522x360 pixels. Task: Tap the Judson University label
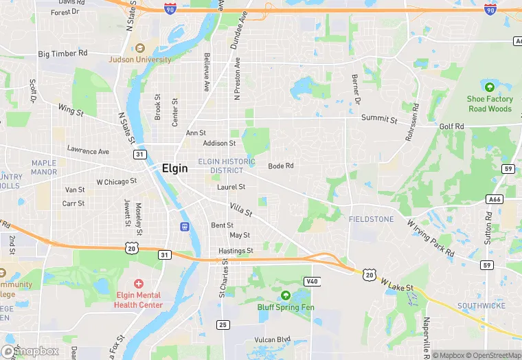[x=140, y=60]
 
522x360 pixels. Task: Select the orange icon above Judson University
[x=140, y=48]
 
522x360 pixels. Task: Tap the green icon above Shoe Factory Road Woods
[x=490, y=87]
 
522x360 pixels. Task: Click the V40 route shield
[x=312, y=282]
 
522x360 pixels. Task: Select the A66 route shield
[x=493, y=199]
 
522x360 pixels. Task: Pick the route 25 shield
[x=223, y=324]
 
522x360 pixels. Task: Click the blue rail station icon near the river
[x=184, y=227]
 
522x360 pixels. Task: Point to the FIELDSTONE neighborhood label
[x=372, y=219]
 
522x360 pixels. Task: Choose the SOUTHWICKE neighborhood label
[x=481, y=305]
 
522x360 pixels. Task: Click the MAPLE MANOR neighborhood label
[x=44, y=167]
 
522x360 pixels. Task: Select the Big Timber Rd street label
[x=63, y=53]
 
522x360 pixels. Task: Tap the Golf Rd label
[x=452, y=126]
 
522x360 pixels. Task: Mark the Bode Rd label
[x=281, y=166]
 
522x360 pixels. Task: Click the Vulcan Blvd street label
[x=273, y=339]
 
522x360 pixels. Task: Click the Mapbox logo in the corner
[x=30, y=352]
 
